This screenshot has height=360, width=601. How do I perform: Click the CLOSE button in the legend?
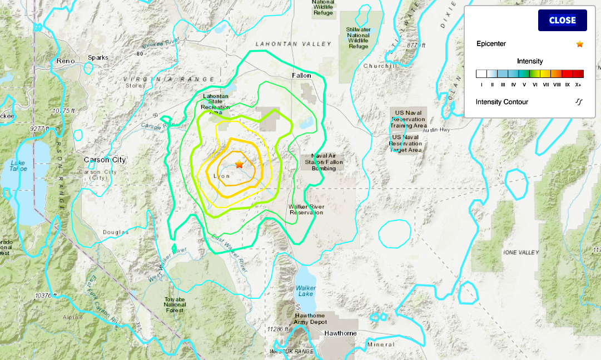point(562,21)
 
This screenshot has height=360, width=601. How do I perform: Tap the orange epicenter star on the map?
point(239,164)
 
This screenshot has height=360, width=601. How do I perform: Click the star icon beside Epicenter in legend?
point(579,44)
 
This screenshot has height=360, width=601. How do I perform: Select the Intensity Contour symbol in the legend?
point(579,102)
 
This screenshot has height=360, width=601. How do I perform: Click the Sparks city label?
point(98,57)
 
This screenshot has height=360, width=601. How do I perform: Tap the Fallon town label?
point(301,75)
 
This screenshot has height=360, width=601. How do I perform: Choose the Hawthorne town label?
point(340,333)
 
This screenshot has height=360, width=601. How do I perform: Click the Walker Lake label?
point(306,291)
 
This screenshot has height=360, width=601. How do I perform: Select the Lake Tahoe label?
point(18,166)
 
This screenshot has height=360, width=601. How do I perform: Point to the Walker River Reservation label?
point(306,209)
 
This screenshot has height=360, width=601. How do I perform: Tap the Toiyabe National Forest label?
point(175,304)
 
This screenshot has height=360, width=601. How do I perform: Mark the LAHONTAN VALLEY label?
point(293,43)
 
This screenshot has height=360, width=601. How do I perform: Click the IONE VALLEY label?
point(521,252)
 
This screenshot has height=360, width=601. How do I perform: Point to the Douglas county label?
point(115,232)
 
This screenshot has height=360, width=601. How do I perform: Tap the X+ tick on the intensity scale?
point(578,85)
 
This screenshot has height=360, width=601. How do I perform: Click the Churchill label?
point(380,66)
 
